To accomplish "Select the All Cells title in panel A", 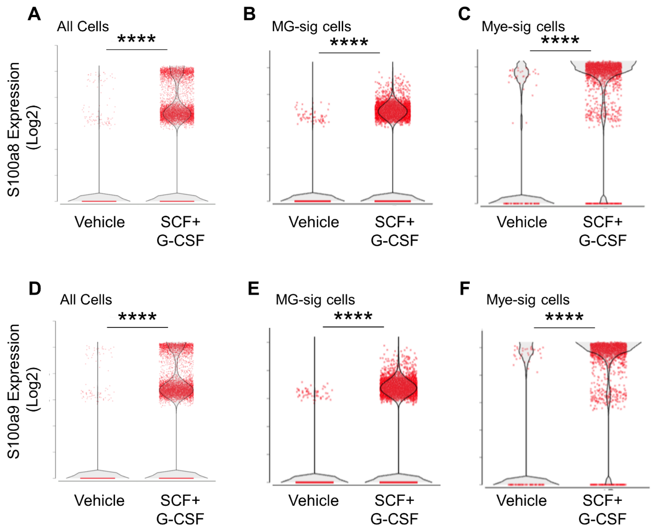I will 83,27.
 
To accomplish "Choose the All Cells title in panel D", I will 86,300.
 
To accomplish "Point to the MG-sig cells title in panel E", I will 315,300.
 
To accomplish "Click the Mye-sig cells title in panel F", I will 528,300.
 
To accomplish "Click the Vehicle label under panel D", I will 99,501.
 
